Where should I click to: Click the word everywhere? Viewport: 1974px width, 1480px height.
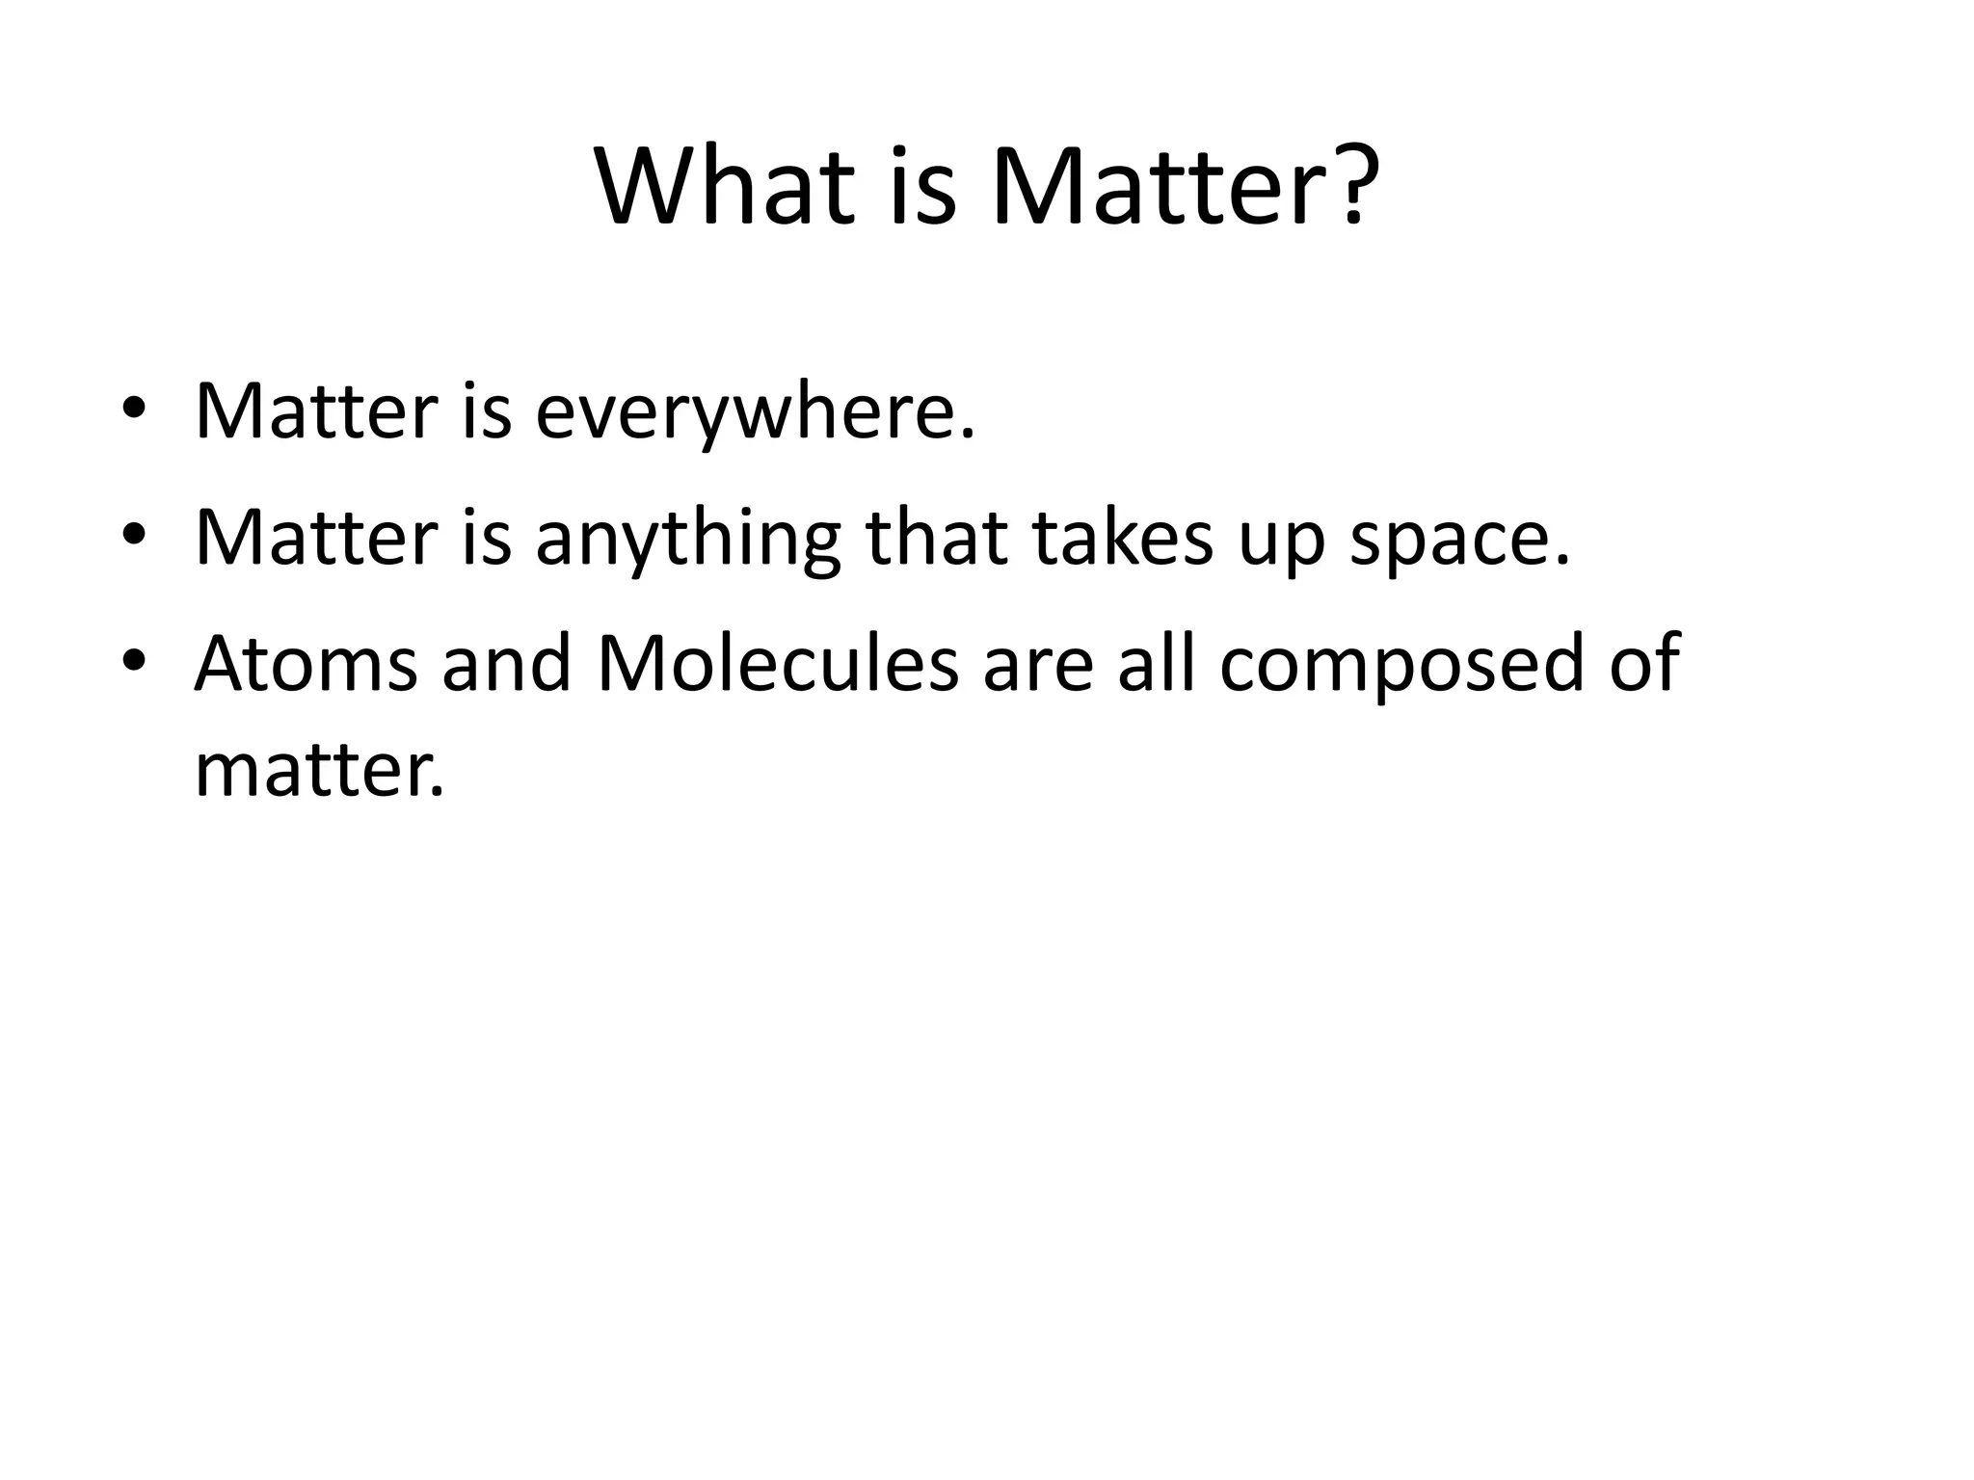(755, 412)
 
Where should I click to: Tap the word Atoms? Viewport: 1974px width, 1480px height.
(306, 664)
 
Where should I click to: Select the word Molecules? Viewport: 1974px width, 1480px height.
(778, 664)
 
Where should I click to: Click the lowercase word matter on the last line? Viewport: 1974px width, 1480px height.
(319, 771)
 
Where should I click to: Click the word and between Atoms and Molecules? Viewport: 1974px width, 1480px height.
(506, 664)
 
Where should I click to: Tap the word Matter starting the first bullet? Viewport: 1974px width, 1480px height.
(316, 410)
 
